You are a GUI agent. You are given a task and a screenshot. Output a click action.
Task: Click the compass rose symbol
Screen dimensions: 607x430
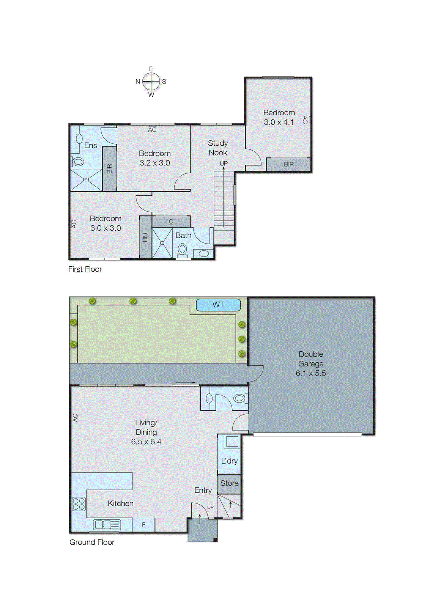151,82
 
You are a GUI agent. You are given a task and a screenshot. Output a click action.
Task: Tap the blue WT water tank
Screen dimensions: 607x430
218,305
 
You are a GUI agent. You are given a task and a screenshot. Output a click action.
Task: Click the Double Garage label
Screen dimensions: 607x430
311,359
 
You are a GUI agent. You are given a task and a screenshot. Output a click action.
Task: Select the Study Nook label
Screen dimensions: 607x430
218,148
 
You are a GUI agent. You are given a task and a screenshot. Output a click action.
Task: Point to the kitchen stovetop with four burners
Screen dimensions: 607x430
79,504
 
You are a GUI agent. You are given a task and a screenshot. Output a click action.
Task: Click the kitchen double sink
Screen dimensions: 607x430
107,525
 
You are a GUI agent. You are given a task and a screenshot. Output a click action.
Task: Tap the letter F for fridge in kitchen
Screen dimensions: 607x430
143,525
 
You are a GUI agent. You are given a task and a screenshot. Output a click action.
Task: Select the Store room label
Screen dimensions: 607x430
229,483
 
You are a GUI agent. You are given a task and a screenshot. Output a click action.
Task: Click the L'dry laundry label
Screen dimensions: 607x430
229,461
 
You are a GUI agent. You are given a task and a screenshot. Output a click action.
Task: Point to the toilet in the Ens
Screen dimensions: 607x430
78,162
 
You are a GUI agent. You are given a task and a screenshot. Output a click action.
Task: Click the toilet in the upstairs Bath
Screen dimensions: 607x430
183,249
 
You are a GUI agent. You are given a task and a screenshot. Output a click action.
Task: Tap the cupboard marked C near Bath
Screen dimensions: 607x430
171,222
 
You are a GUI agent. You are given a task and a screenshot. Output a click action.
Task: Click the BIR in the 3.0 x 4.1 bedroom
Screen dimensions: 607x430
288,164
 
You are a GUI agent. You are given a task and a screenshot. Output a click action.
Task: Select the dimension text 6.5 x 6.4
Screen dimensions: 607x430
146,442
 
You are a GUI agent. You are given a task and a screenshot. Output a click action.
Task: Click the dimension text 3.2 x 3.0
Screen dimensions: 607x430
154,163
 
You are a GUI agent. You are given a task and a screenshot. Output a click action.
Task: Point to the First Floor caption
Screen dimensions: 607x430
85,269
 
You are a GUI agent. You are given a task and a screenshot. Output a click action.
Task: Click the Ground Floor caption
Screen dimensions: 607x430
92,543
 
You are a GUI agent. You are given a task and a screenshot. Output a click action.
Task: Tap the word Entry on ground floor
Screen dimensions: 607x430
203,490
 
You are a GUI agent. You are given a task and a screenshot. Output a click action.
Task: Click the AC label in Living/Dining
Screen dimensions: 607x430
75,418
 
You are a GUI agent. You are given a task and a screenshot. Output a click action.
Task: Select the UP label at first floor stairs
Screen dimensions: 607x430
224,163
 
